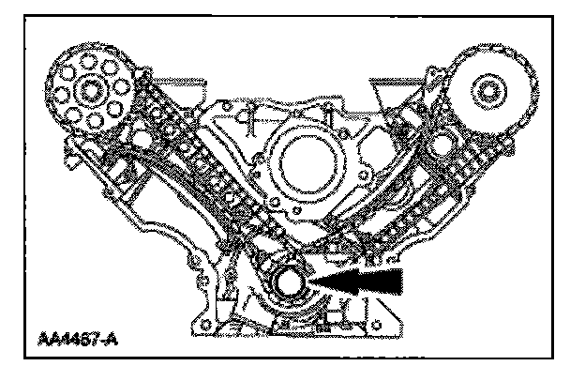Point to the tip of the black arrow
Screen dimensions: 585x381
pos(320,280)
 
